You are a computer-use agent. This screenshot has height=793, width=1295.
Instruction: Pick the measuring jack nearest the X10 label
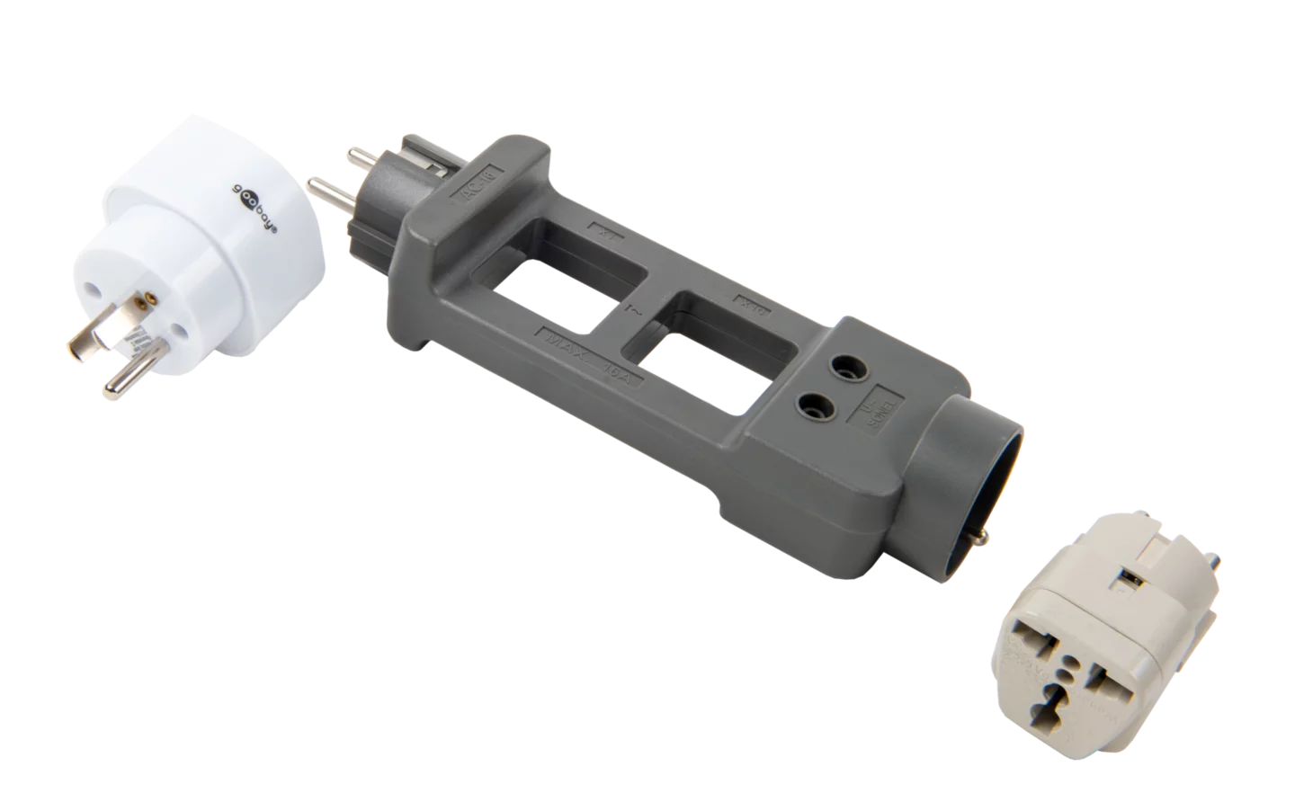[845, 366]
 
